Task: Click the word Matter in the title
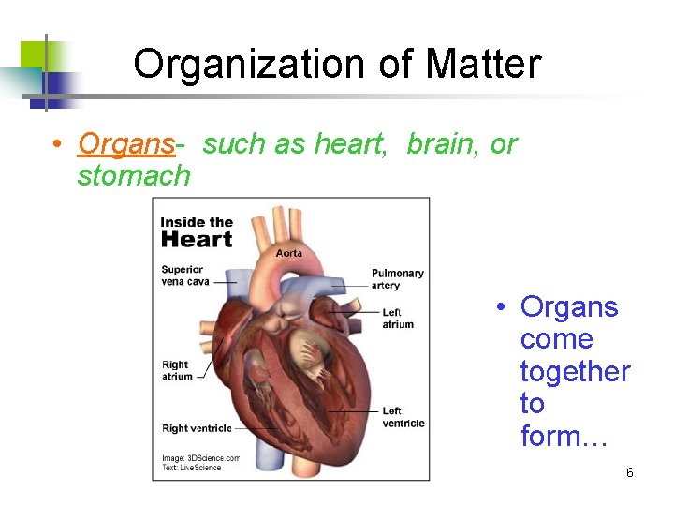(x=483, y=65)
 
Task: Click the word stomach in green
(x=134, y=175)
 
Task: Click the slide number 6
(x=630, y=472)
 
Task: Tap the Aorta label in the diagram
(x=289, y=253)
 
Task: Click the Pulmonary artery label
(x=398, y=279)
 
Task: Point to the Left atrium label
(x=398, y=319)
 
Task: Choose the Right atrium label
(x=177, y=370)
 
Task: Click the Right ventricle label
(x=197, y=428)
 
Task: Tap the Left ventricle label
(x=403, y=417)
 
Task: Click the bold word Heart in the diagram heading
(x=197, y=239)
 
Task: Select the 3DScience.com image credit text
(x=201, y=458)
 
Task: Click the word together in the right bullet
(x=575, y=372)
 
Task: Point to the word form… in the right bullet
(x=564, y=436)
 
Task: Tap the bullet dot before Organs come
(x=503, y=307)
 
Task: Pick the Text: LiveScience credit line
(x=192, y=468)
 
